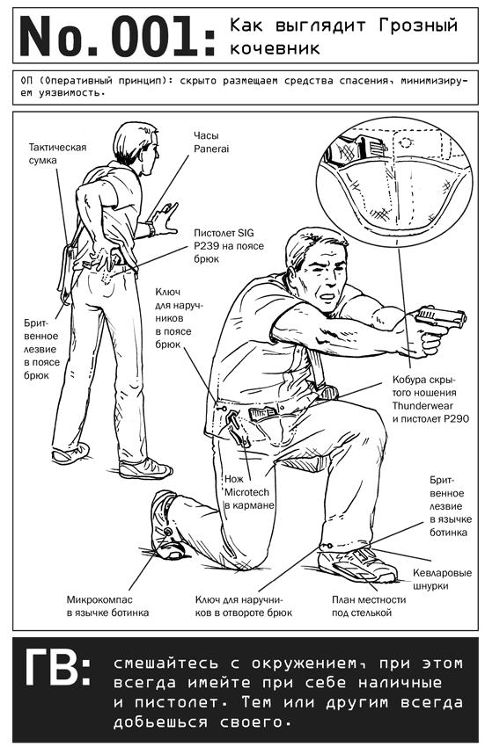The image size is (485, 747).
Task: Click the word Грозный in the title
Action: pyautogui.click(x=418, y=25)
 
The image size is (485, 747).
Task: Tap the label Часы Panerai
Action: pyautogui.click(x=211, y=142)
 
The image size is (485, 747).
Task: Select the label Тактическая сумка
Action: pyautogui.click(x=57, y=154)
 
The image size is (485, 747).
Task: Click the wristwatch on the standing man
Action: pyautogui.click(x=151, y=228)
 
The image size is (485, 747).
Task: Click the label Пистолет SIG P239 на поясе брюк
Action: pyautogui.click(x=229, y=246)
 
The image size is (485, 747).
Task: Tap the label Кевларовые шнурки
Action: pyautogui.click(x=442, y=579)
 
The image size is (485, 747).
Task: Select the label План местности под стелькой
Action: pyautogui.click(x=369, y=606)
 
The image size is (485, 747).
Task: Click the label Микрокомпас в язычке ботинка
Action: pyautogui.click(x=107, y=606)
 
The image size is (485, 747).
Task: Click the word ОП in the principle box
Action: pyautogui.click(x=27, y=81)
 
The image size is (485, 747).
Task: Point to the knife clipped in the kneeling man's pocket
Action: pyautogui.click(x=238, y=429)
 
